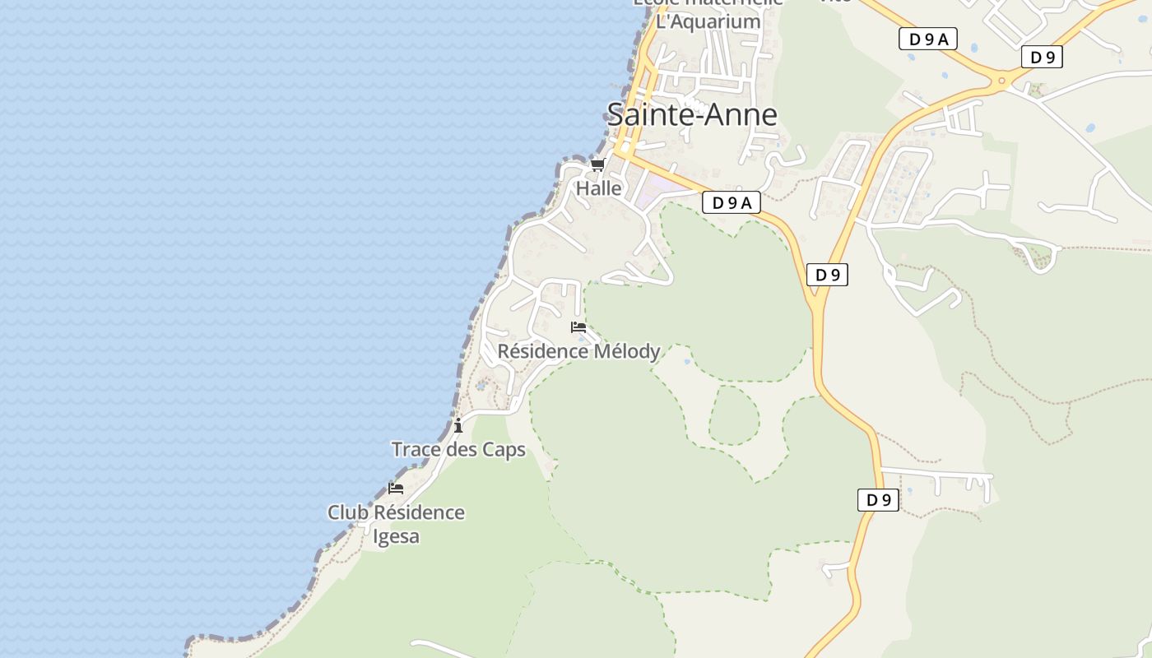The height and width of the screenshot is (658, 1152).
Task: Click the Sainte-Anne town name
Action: (x=692, y=114)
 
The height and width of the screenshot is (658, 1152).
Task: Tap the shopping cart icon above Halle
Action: (x=598, y=164)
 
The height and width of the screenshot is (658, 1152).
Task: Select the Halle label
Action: (x=599, y=188)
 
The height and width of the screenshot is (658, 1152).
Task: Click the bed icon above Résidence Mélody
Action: (x=578, y=327)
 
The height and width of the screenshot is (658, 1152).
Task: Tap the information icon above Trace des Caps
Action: (x=458, y=425)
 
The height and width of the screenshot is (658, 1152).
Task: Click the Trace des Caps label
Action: (x=458, y=450)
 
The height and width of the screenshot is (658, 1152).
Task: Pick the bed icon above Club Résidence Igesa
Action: (x=396, y=488)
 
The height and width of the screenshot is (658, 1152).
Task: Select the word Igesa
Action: (x=397, y=536)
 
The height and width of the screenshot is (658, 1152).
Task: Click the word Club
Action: (x=347, y=512)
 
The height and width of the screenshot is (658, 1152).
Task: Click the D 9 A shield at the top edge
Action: (x=928, y=39)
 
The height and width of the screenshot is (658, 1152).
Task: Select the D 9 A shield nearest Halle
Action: (x=732, y=202)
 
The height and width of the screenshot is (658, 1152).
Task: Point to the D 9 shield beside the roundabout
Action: (x=1043, y=57)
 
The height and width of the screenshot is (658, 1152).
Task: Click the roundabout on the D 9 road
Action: (x=1002, y=81)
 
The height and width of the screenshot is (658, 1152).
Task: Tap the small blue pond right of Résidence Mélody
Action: (x=687, y=361)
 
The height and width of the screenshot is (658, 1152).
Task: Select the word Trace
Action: (x=416, y=450)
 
